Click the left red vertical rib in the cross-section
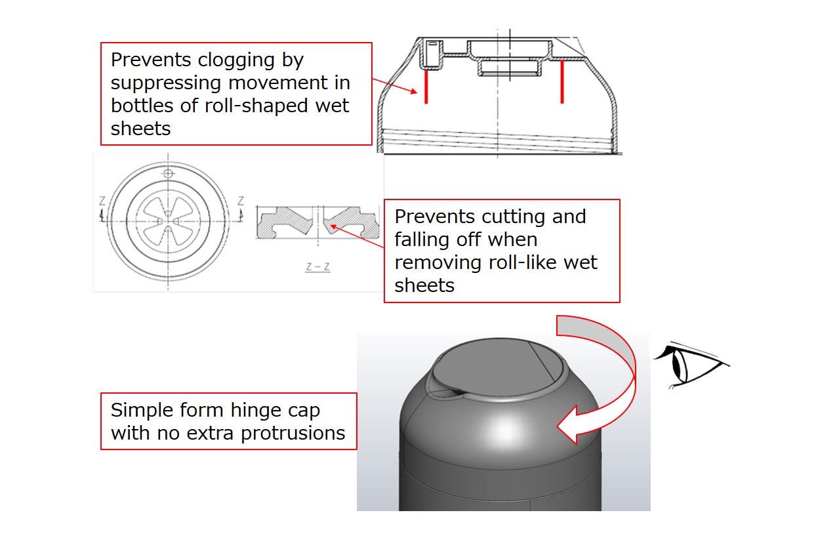tap(426, 87)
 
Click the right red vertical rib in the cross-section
tap(562, 82)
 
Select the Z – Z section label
tap(318, 267)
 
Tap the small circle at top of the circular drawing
tap(169, 173)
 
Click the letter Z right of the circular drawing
tap(241, 201)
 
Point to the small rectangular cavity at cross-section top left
tap(431, 54)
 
